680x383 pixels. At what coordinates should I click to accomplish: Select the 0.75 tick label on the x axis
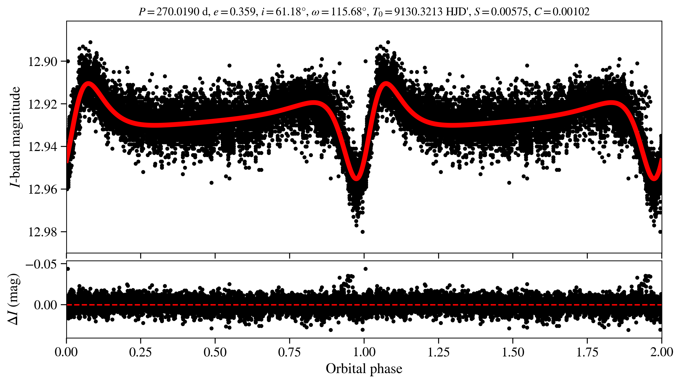[289, 352]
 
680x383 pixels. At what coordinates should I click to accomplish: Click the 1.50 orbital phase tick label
[513, 352]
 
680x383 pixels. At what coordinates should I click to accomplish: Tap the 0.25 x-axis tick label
[140, 352]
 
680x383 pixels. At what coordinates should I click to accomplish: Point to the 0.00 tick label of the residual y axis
[46, 305]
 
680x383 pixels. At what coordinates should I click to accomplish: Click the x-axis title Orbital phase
[364, 369]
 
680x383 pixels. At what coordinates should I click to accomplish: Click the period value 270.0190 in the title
[178, 12]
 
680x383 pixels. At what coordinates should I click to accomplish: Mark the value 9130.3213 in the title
[418, 12]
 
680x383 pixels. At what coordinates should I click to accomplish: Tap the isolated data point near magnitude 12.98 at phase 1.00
[363, 232]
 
